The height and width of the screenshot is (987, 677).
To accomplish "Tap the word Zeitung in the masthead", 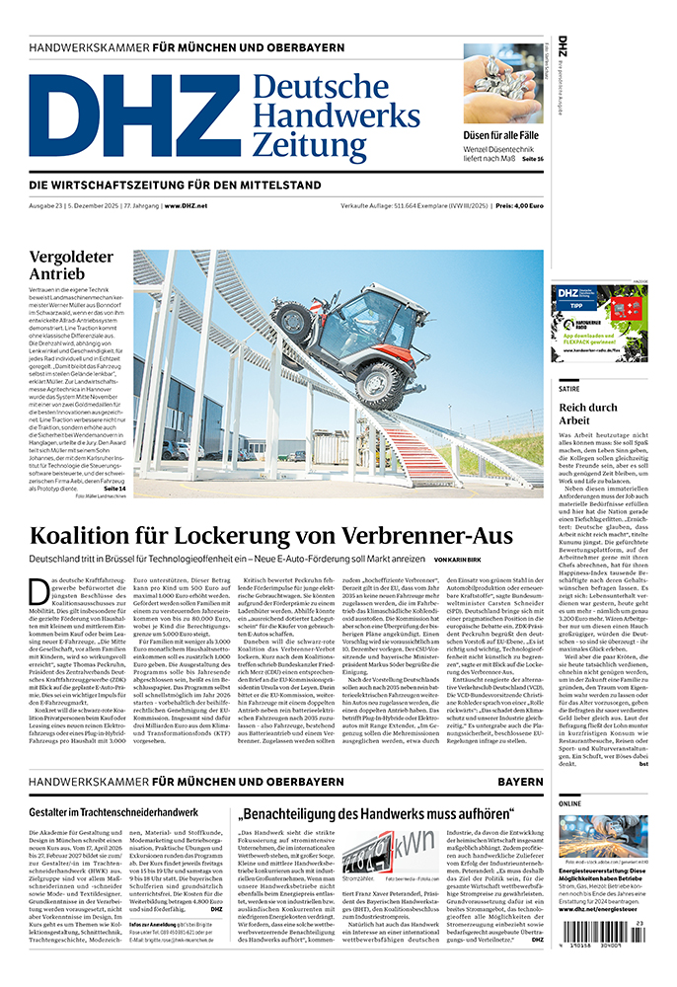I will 309,145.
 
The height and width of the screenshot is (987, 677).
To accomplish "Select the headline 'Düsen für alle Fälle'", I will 502,134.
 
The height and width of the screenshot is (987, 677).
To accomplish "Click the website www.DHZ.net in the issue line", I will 186,205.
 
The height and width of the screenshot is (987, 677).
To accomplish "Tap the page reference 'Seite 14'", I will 114,488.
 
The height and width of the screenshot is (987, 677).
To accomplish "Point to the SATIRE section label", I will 570,388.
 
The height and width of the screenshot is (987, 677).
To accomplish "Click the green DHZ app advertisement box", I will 599,323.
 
